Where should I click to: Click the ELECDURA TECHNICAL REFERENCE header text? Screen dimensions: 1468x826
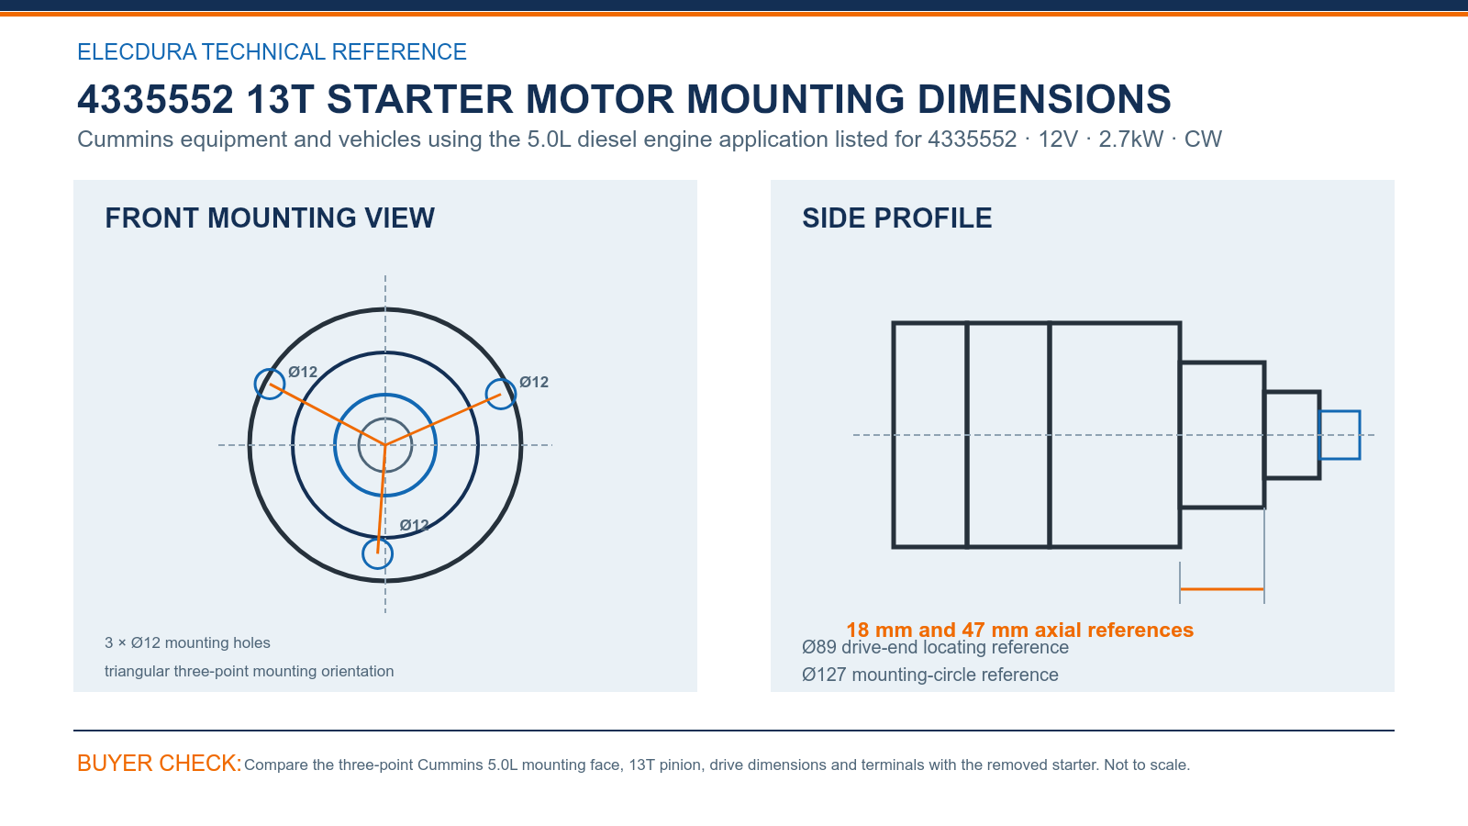272,51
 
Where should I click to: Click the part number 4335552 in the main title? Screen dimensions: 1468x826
155,99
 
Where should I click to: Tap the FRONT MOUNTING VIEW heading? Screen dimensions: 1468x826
270,218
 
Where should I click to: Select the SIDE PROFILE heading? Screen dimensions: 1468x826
896,218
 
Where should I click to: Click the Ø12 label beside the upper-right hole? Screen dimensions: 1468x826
533,382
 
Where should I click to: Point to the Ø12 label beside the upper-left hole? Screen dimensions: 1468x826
303,372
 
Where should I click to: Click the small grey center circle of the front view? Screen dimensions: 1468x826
385,419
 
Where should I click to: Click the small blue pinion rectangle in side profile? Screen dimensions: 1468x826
1340,412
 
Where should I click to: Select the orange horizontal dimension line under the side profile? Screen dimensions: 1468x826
1221,589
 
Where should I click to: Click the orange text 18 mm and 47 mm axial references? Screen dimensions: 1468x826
1019,630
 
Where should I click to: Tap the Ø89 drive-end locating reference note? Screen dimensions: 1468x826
935,647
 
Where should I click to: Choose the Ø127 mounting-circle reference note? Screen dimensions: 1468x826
930,675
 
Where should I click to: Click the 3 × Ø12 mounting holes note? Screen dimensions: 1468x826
187,642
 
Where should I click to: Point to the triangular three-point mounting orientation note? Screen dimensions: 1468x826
249,671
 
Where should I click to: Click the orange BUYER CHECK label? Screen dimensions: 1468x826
160,763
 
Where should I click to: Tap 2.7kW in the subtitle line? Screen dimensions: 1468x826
1131,139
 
